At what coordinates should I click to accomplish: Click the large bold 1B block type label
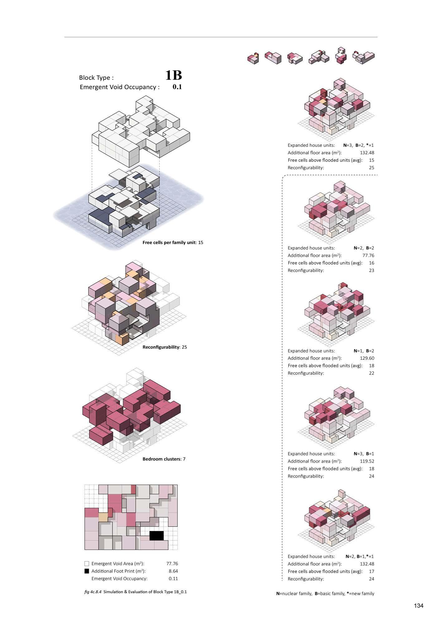(173, 75)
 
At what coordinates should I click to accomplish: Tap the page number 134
(419, 605)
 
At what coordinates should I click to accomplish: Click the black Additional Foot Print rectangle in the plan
(156, 536)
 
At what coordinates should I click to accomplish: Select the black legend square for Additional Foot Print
(87, 571)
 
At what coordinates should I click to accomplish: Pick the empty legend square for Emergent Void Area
(87, 564)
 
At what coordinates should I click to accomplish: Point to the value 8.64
(173, 571)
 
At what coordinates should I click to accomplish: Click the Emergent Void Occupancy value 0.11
(173, 579)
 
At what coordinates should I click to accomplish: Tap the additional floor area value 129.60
(367, 358)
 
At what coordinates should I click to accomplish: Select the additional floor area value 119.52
(367, 461)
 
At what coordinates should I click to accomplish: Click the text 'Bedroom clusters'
(161, 459)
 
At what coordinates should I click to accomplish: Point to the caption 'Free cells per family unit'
(169, 243)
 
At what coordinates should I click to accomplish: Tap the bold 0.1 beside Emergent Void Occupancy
(177, 87)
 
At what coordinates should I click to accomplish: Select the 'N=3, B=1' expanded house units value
(364, 454)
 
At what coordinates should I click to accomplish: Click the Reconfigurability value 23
(372, 270)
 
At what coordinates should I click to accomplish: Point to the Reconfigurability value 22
(372, 373)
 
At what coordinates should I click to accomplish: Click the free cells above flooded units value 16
(372, 263)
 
